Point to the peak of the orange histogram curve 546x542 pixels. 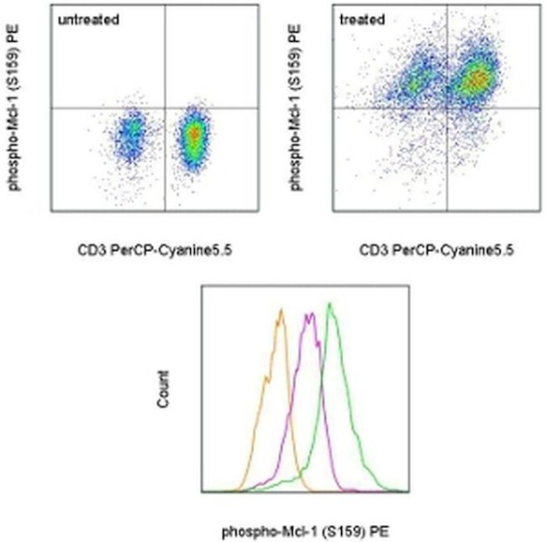coord(282,311)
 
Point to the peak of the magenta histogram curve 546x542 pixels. coord(311,315)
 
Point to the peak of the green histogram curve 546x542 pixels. coord(332,307)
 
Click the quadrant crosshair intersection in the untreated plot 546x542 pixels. coord(165,108)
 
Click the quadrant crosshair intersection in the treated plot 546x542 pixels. coord(445,108)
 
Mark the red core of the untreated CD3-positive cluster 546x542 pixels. coord(194,134)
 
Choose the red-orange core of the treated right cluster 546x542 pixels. coord(475,80)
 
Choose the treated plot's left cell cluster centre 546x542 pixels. coord(416,82)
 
